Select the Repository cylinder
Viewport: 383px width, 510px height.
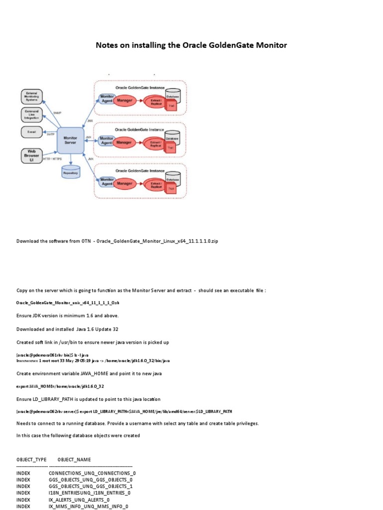[70, 172]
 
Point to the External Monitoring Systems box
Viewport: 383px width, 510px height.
[32, 97]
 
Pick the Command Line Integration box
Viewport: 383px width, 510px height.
[31, 115]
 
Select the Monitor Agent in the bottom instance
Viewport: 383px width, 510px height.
[106, 181]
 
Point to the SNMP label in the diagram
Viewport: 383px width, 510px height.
[56, 114]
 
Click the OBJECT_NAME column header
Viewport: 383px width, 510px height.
[74, 459]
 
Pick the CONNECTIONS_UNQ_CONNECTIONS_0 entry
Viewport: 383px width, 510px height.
[92, 473]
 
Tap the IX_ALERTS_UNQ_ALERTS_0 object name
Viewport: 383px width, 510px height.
[79, 500]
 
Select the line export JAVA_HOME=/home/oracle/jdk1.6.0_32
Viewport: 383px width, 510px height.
[60, 386]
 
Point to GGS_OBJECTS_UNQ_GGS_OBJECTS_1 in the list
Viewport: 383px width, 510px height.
[91, 486]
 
